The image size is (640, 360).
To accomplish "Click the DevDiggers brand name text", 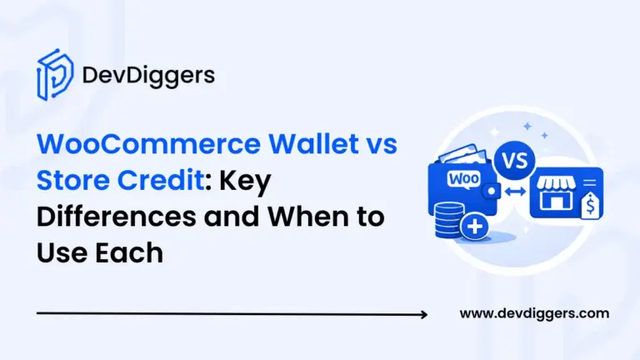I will [148, 77].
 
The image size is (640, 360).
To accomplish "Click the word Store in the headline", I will [73, 182].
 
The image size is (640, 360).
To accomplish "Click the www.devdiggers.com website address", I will [534, 314].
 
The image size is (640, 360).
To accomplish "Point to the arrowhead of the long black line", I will [424, 315].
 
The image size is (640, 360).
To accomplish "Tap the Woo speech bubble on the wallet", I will [459, 179].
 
